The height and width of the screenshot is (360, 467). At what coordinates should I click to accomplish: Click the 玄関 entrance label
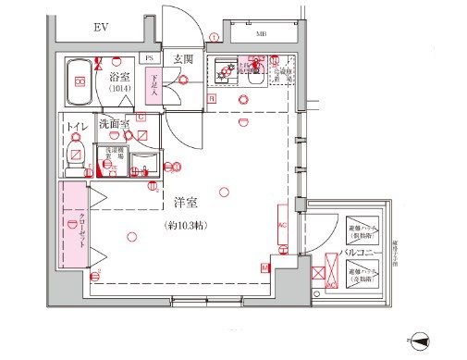coord(183,60)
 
